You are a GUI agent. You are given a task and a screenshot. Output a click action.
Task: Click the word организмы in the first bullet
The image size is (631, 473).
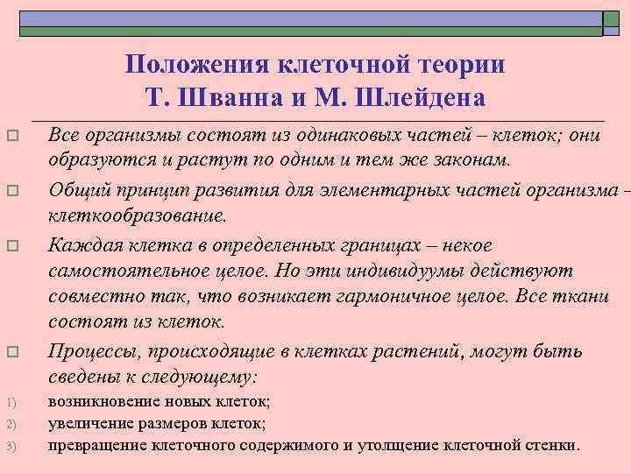click(x=130, y=135)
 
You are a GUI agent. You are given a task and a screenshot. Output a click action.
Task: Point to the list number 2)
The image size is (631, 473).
click(x=12, y=425)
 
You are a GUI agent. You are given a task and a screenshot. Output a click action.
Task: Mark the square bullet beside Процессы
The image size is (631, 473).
click(x=11, y=353)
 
